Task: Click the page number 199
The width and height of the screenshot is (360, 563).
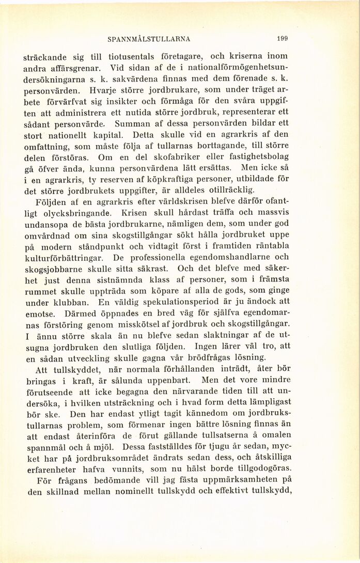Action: point(282,38)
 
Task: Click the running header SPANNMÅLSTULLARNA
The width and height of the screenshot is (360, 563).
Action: point(149,39)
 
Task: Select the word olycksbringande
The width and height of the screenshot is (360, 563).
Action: point(67,213)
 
